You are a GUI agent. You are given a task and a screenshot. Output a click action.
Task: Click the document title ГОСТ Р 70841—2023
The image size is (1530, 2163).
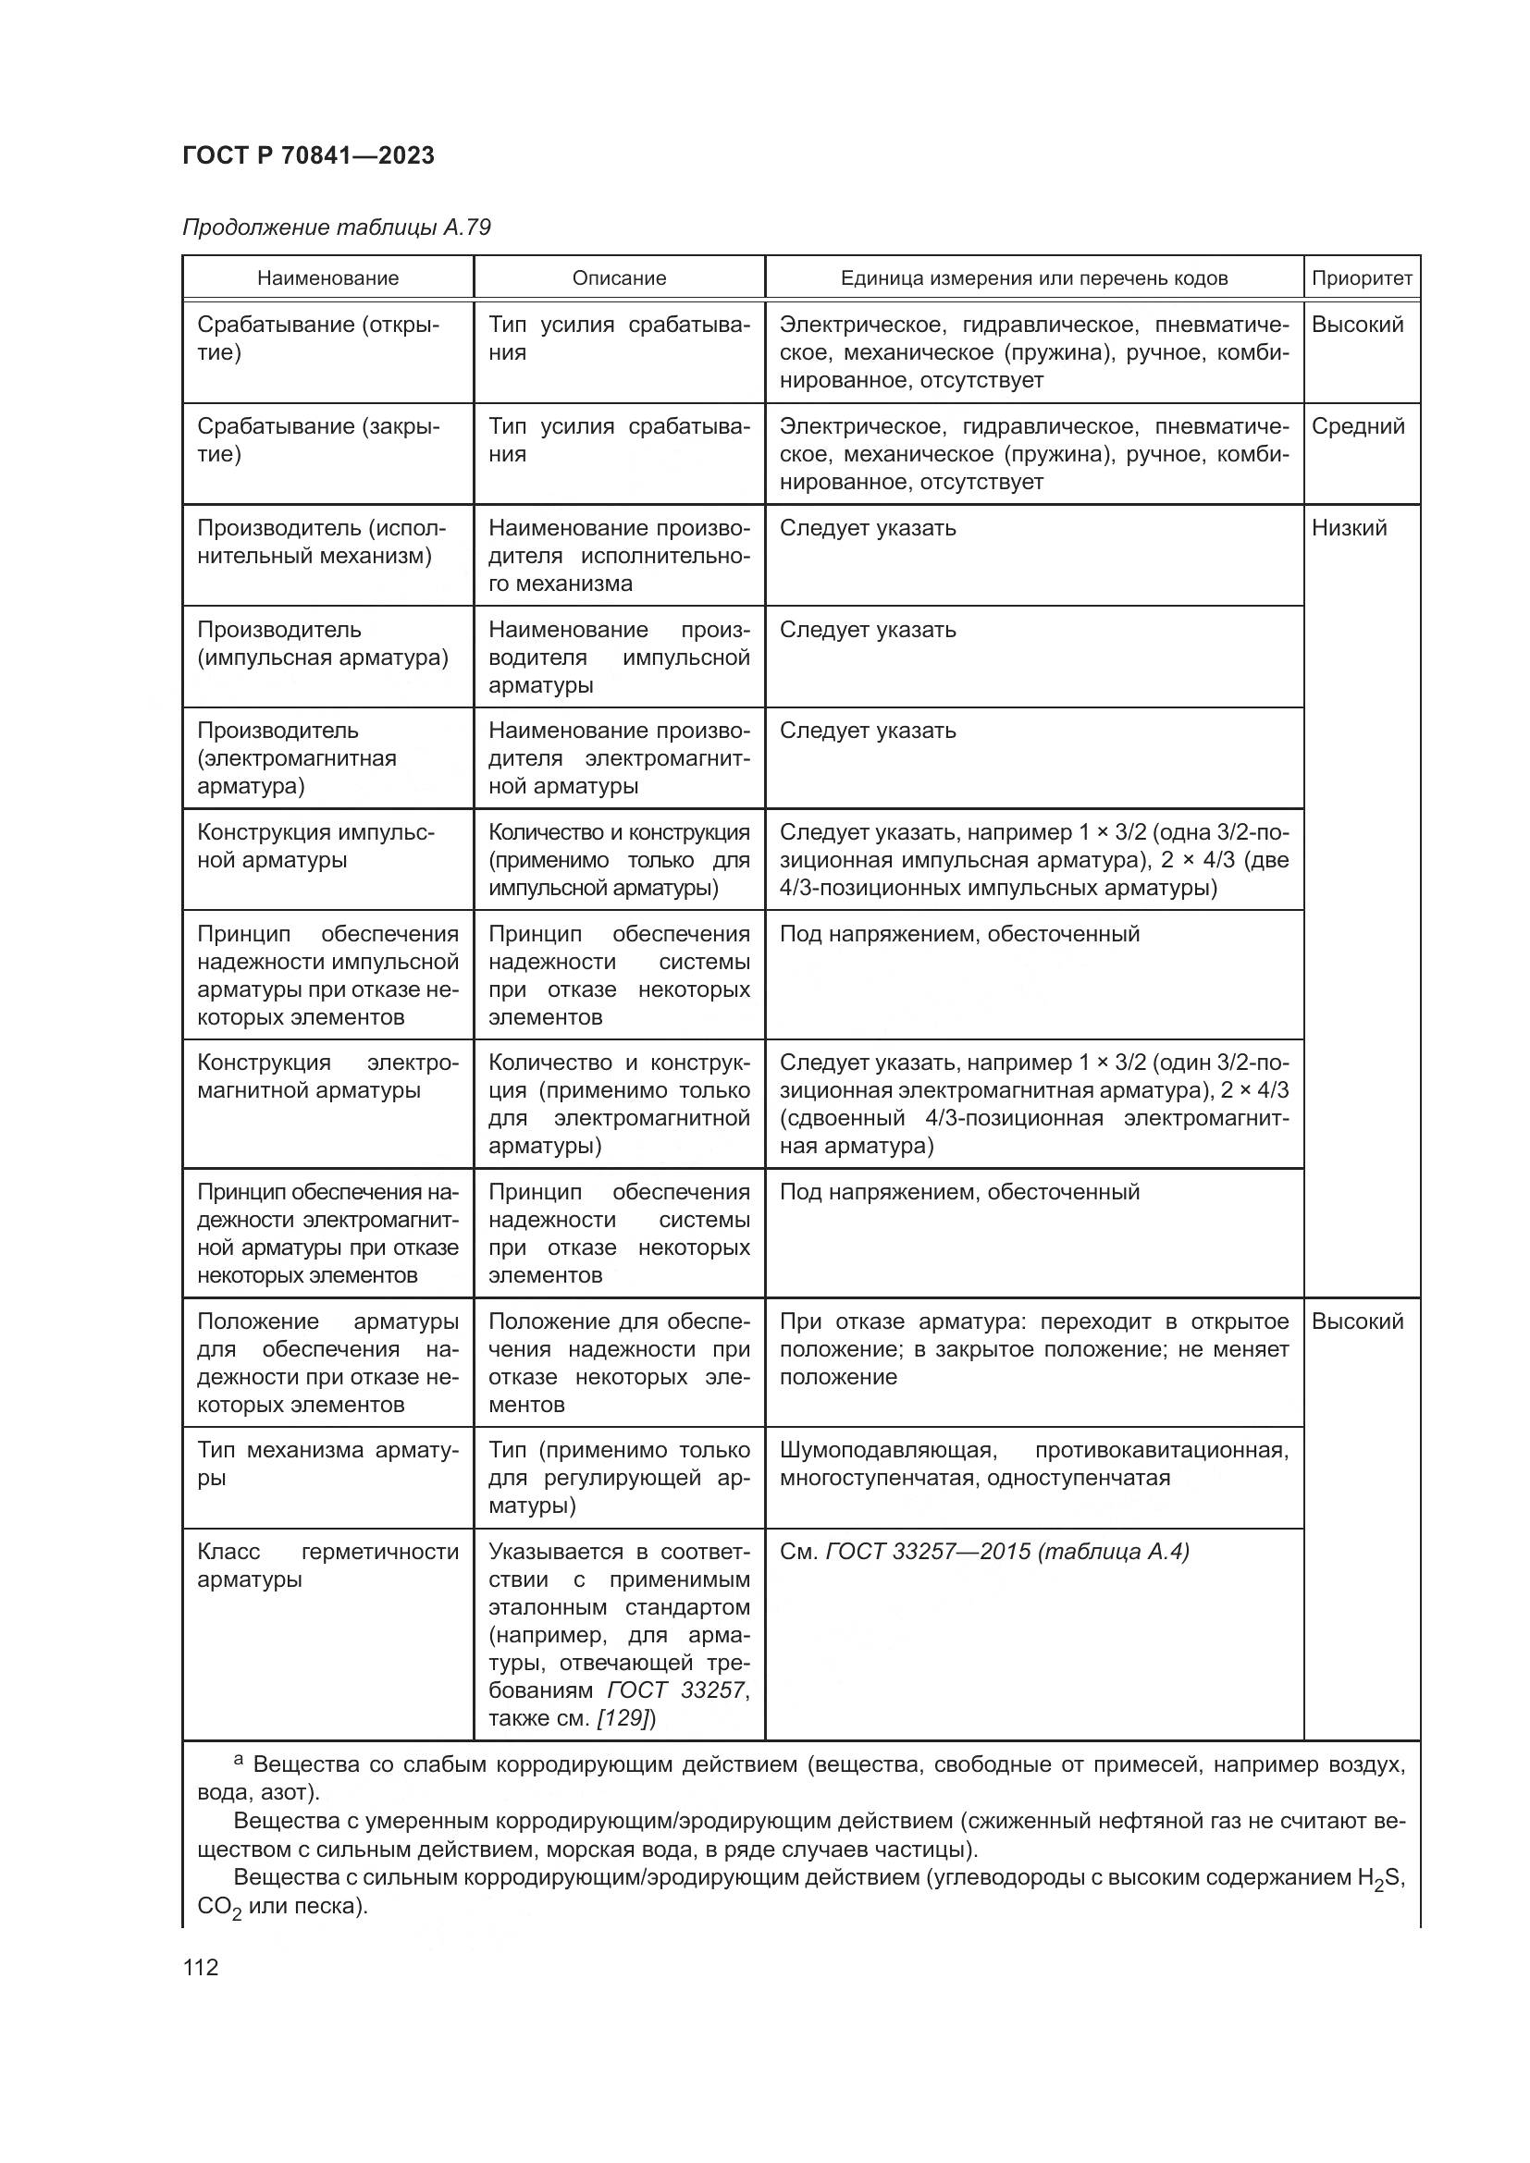pos(308,155)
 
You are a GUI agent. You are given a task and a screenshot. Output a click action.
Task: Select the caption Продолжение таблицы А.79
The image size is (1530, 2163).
pos(337,228)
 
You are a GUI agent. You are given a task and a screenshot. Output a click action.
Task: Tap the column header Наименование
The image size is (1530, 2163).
pos(327,279)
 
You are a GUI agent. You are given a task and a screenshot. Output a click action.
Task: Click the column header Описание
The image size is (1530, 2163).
pos(619,279)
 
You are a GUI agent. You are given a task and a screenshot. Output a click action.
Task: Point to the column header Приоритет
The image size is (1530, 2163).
pos(1362,279)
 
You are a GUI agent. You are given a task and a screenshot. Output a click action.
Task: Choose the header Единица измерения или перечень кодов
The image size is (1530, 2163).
pos(1033,279)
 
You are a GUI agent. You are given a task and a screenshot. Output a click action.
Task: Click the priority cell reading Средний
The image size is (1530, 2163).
pos(1358,426)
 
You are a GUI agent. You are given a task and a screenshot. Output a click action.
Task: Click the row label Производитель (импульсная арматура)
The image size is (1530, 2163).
pos(322,645)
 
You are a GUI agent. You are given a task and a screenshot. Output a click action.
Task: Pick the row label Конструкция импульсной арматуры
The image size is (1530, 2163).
pos(315,847)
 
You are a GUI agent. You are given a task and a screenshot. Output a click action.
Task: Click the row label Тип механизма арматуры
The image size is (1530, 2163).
pos(327,1464)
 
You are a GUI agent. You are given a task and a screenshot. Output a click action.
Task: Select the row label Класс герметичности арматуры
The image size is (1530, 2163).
pos(327,1566)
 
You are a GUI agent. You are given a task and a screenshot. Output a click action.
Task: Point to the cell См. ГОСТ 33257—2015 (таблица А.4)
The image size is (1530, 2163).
pos(984,1552)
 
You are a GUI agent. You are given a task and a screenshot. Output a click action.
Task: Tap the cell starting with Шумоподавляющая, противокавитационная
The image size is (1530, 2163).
pos(1032,1464)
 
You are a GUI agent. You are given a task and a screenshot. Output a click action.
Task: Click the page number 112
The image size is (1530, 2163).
pos(201,1968)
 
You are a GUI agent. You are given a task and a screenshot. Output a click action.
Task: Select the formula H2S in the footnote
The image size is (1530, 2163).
pos(1380,1877)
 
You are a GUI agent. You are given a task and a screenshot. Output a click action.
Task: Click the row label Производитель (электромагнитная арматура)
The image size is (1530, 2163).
pos(297,759)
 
